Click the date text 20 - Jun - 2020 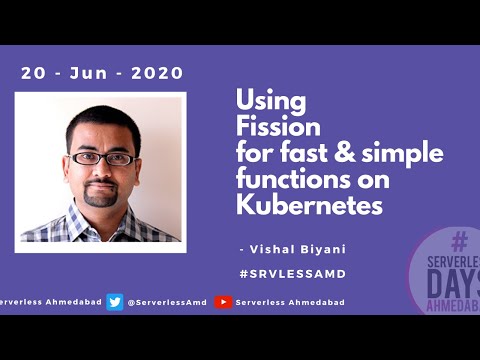click(102, 73)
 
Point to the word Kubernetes click(309, 207)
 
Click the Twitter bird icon click(115, 302)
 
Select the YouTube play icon click(224, 302)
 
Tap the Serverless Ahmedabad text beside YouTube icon click(290, 302)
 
